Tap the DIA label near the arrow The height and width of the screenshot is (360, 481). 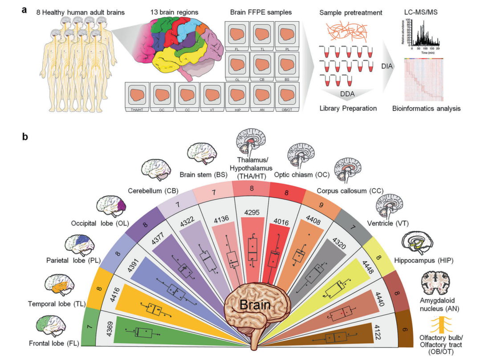[x=388, y=66]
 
